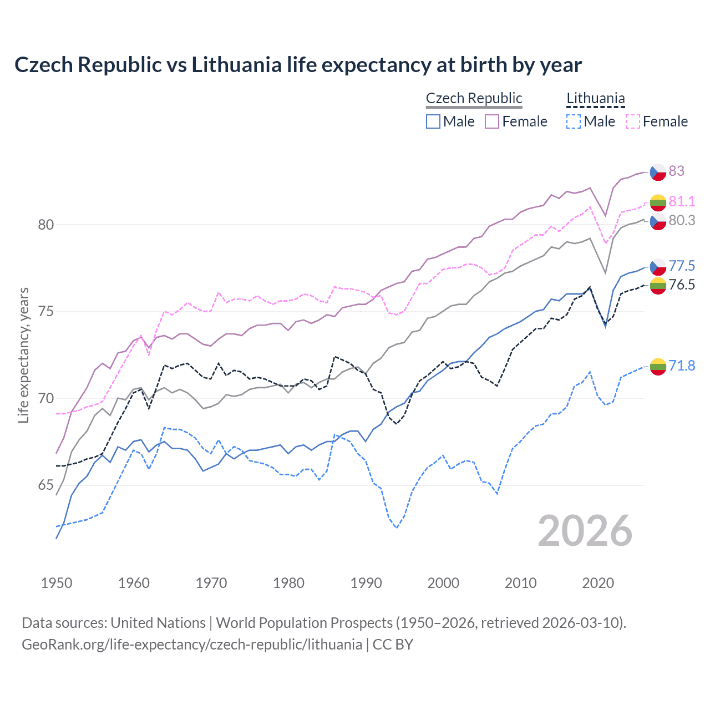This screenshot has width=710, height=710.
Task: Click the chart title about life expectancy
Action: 298,65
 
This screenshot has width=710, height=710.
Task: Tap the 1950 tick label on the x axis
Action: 57,583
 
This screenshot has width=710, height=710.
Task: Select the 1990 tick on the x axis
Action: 366,583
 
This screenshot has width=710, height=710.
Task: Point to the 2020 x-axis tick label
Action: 598,583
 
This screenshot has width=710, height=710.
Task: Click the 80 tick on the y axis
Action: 46,225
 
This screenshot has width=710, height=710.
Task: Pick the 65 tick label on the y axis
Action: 46,485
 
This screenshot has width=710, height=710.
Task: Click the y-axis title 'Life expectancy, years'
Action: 23,355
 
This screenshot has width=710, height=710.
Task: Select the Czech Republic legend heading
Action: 474,98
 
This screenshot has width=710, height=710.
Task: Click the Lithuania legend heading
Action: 595,98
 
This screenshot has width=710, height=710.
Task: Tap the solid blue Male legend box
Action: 433,121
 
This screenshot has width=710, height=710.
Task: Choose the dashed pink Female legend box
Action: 632,121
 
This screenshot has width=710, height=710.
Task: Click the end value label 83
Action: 676,171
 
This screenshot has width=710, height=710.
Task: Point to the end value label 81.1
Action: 682,201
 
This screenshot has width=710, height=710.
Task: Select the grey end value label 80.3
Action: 682,220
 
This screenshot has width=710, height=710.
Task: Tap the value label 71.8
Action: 682,366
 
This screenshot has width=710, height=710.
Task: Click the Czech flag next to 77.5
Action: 658,266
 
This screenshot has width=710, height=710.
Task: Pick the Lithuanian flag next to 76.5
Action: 658,286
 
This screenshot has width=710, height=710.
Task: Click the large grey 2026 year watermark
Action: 585,531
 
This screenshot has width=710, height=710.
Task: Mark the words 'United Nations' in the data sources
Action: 158,623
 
